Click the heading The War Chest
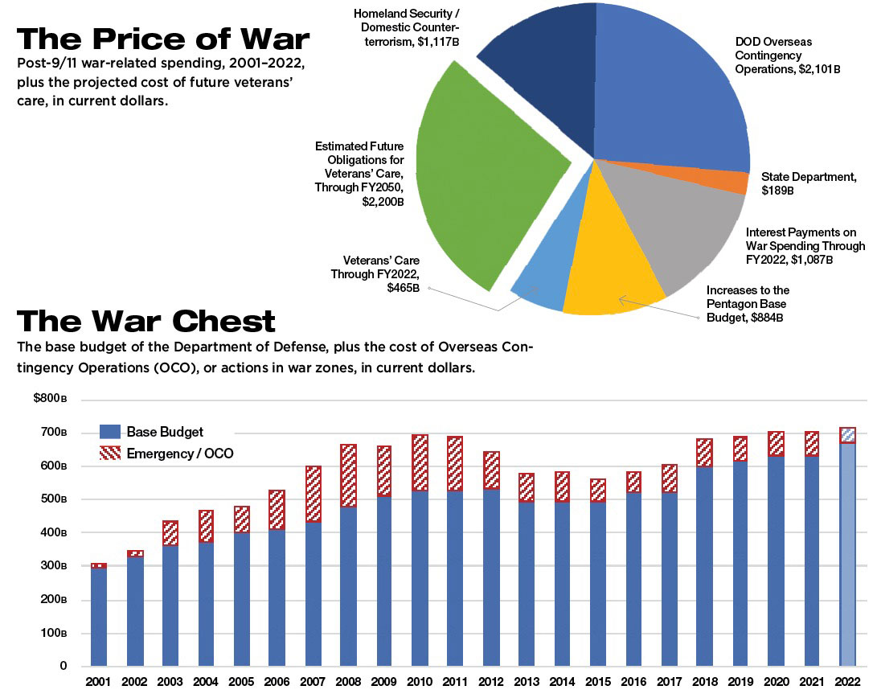146,322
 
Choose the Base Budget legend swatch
109,432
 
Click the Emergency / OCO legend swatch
109,454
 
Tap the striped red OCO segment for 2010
419,462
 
